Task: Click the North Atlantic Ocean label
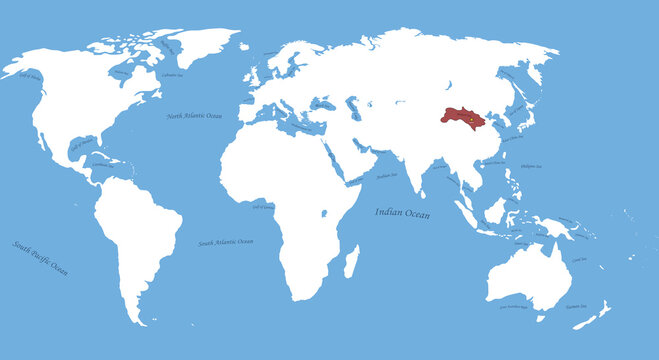pos(195,117)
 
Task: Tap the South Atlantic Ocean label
pos(225,242)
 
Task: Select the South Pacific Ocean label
pos(41,258)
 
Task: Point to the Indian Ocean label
pos(402,212)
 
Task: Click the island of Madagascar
pos(351,263)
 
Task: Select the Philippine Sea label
pos(531,166)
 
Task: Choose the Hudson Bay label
pos(123,72)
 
